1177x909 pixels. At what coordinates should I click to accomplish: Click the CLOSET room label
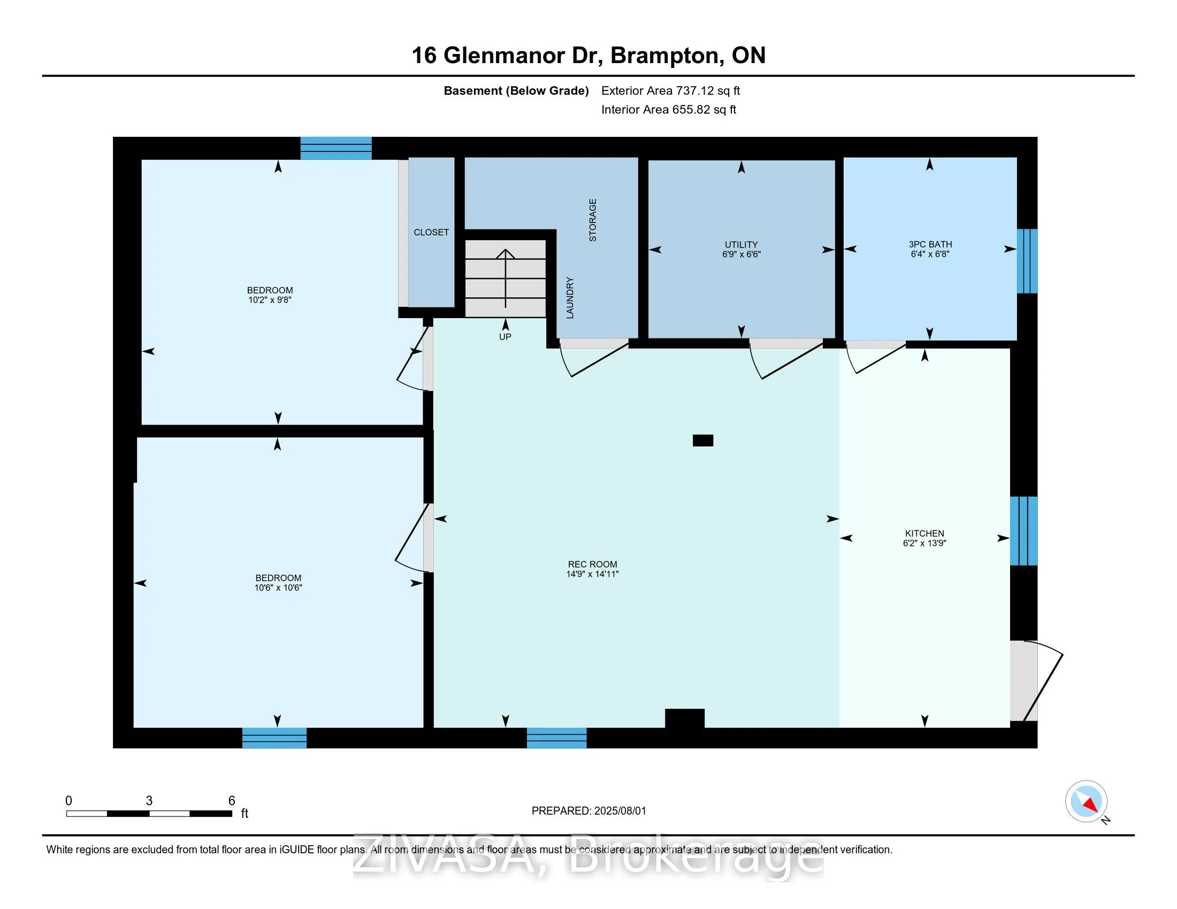pyautogui.click(x=431, y=232)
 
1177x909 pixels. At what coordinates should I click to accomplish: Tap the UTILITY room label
pyautogui.click(x=741, y=244)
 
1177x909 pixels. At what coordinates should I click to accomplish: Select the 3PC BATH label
pyautogui.click(x=930, y=244)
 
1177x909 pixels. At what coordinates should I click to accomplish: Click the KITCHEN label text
pyautogui.click(x=924, y=533)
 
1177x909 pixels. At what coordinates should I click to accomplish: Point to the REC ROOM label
pyautogui.click(x=592, y=564)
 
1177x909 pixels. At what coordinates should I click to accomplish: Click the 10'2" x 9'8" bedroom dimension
pyautogui.click(x=270, y=300)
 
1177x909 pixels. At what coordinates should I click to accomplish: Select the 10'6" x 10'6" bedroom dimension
pyautogui.click(x=278, y=588)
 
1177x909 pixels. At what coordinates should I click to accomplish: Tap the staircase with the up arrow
pyautogui.click(x=505, y=279)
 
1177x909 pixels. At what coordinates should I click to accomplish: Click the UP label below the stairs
pyautogui.click(x=505, y=337)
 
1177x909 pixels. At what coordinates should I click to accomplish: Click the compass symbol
pyautogui.click(x=1086, y=801)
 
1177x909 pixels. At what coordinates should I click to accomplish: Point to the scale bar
pyautogui.click(x=149, y=813)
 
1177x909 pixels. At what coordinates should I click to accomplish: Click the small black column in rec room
pyautogui.click(x=702, y=441)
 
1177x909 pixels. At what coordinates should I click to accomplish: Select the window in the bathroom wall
pyautogui.click(x=1026, y=261)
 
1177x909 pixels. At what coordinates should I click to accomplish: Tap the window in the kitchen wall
pyautogui.click(x=1023, y=530)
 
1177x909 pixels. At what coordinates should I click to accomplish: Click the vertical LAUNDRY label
pyautogui.click(x=570, y=298)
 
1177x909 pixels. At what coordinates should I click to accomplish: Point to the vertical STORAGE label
pyautogui.click(x=592, y=220)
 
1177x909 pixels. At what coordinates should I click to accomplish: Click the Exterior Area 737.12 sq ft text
pyautogui.click(x=670, y=91)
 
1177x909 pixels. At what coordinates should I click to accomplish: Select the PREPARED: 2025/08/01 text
pyautogui.click(x=588, y=811)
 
